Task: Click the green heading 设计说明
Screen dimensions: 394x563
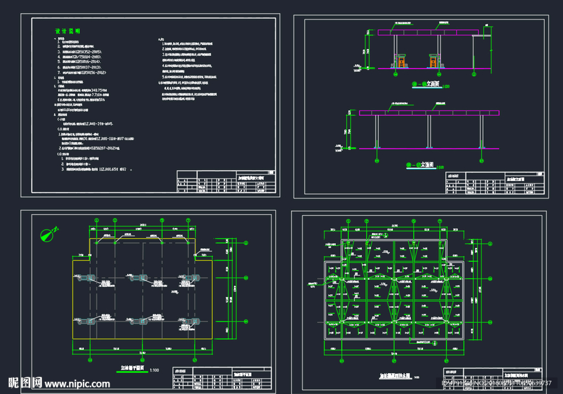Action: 68,31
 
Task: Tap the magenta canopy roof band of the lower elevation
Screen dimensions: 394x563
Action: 429,113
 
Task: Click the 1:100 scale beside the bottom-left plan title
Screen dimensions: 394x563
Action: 156,370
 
